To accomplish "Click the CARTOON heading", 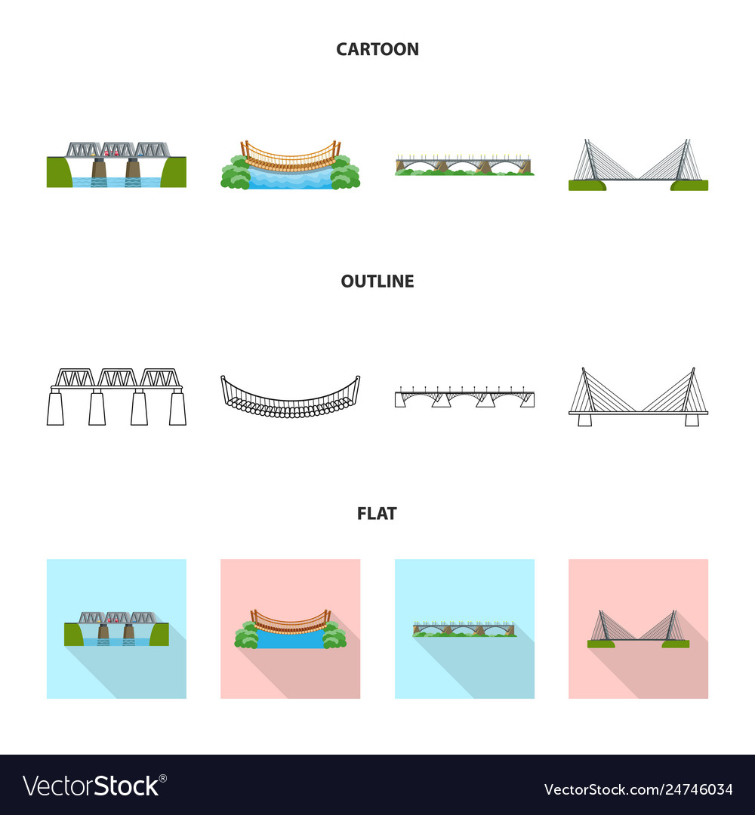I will pos(377,50).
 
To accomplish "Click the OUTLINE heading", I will pos(377,281).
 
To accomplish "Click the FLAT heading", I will pos(377,514).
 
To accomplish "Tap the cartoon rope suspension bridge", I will pos(290,164).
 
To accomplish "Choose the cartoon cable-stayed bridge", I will pos(638,165).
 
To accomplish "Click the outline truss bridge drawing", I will pos(116,397).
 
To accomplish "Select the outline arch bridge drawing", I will pos(464,398).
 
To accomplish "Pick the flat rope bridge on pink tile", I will pos(290,629).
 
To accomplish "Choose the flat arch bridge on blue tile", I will pos(464,629).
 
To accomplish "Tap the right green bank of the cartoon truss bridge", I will pos(174,172).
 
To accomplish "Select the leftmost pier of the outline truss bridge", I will pos(54,408).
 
